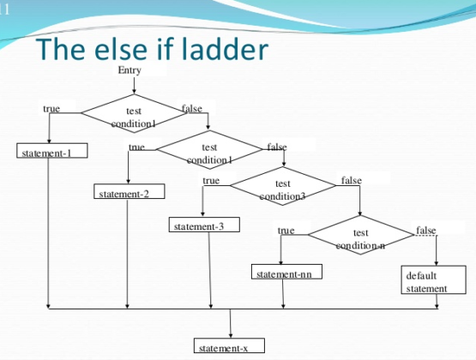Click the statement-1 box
point(48,153)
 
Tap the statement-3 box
point(203,226)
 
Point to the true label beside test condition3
point(211,181)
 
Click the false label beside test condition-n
point(425,231)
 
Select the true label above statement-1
point(51,109)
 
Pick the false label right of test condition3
point(351,181)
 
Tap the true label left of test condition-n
point(286,231)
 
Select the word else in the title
point(122,50)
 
